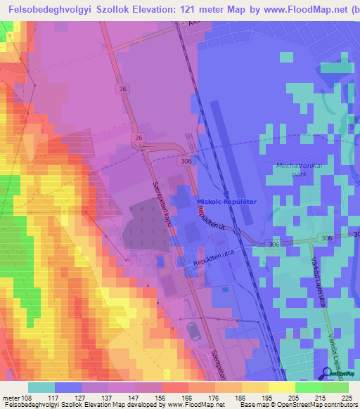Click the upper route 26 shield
[x=123, y=89]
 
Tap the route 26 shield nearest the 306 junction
[x=139, y=138]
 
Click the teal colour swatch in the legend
[x=41, y=387]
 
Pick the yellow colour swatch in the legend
[x=281, y=387]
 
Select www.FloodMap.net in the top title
[x=292, y=9]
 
